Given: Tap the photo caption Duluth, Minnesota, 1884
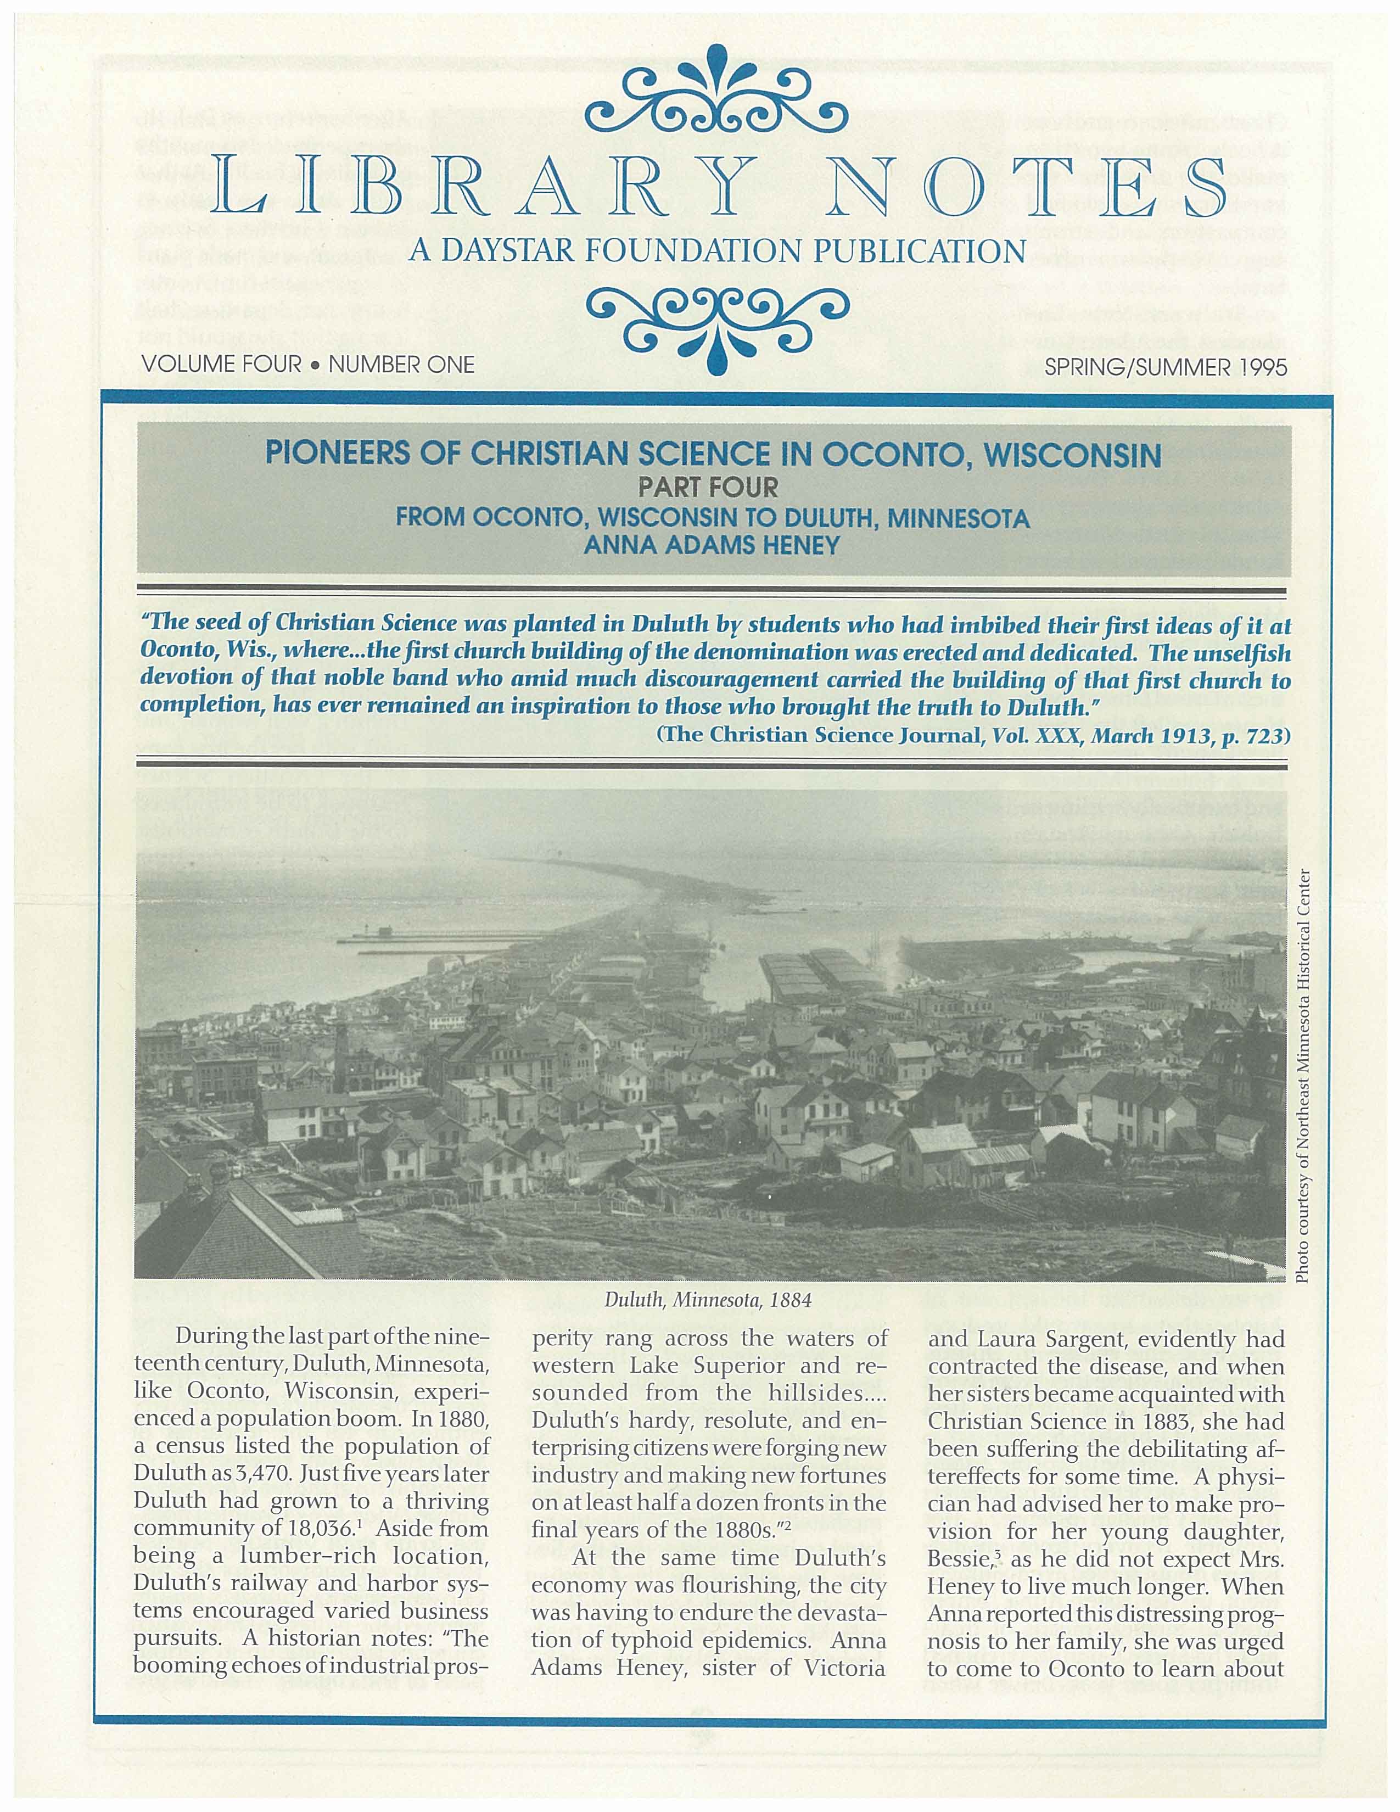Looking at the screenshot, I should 708,1300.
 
